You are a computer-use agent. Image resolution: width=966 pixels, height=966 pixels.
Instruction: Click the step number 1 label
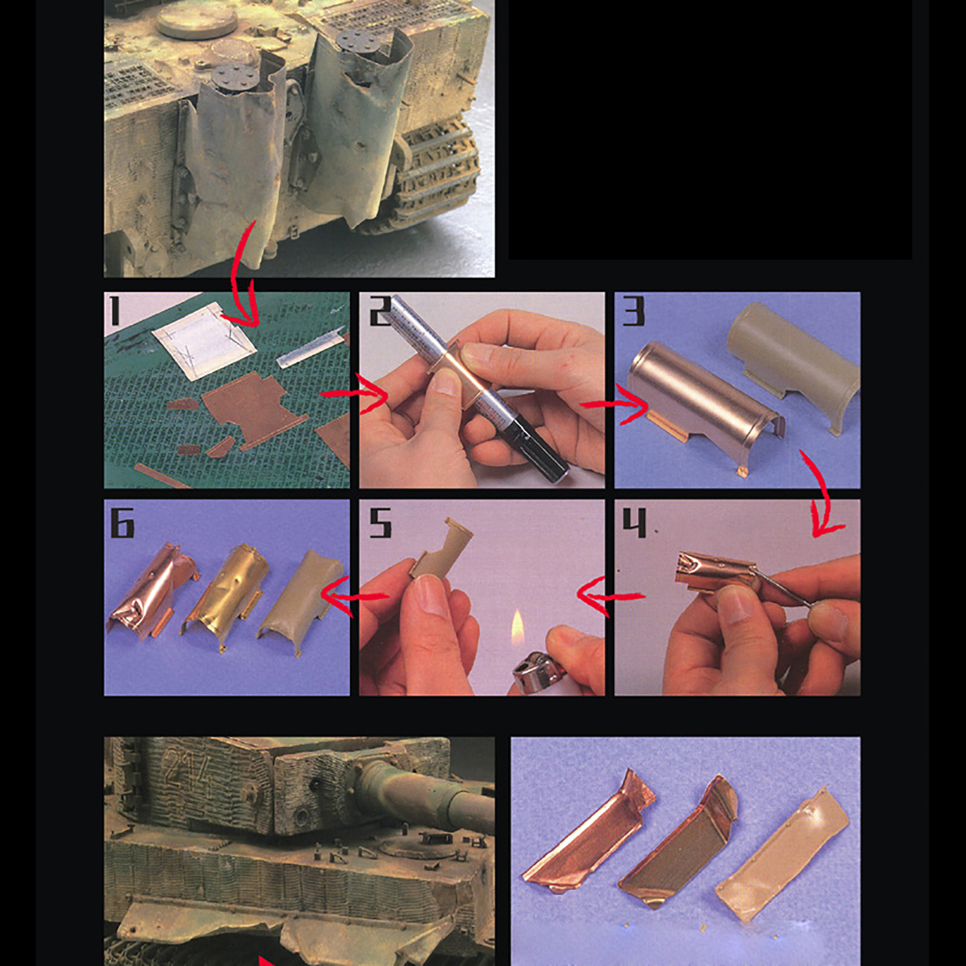[x=114, y=311]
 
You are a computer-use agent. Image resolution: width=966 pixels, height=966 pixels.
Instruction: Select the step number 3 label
[x=634, y=311]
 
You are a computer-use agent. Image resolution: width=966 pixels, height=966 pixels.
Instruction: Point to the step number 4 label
[x=634, y=522]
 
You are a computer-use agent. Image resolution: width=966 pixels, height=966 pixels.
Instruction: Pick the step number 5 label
[x=380, y=522]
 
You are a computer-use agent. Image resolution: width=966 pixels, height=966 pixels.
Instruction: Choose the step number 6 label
[x=123, y=522]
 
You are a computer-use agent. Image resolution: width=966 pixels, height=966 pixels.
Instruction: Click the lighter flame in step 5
[x=518, y=628]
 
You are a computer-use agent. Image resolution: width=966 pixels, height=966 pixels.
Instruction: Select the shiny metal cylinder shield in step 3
[x=703, y=401]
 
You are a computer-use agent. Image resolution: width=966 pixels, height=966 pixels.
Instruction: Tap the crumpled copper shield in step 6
[x=151, y=589]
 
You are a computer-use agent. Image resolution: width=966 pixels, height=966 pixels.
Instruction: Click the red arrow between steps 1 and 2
[x=355, y=394]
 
